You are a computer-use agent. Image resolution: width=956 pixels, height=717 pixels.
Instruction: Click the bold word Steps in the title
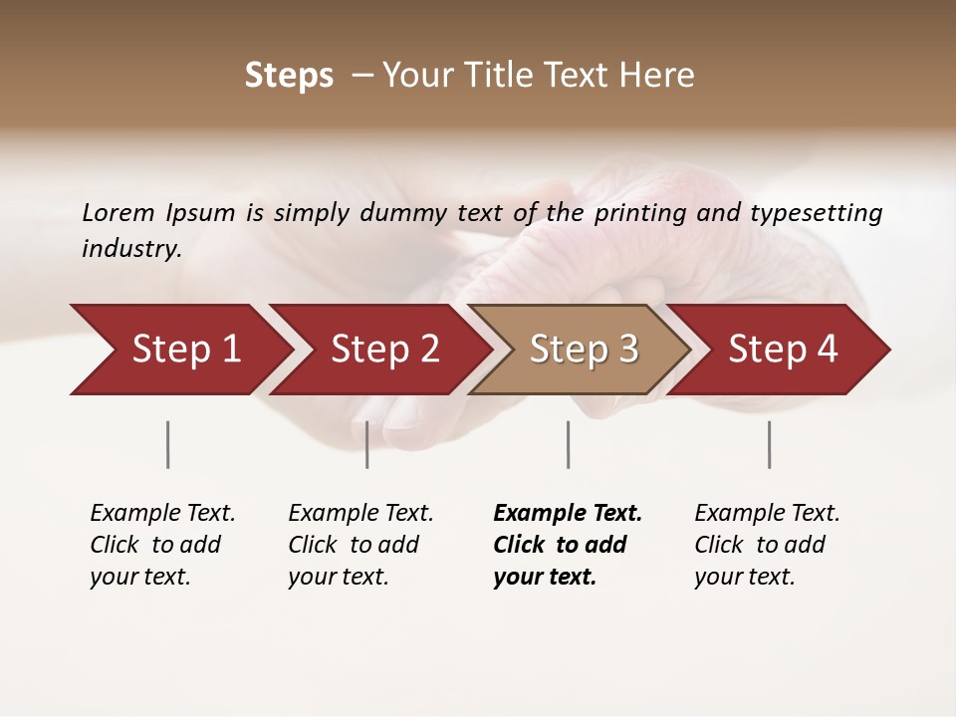[289, 76]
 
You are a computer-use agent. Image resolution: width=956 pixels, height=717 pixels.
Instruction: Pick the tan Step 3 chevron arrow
[584, 350]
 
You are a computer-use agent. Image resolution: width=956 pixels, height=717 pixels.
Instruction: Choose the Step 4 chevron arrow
[783, 350]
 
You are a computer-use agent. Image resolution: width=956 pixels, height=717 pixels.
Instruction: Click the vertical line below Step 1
[168, 444]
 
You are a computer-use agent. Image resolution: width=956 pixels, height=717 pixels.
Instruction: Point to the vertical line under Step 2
[367, 444]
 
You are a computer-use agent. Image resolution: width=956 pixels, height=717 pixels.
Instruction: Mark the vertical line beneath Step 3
[568, 444]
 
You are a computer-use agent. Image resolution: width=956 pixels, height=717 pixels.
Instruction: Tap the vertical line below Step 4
[769, 444]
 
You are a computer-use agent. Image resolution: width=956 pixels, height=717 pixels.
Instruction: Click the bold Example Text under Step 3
[568, 513]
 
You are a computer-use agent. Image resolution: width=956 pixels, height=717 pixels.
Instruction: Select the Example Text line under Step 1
[162, 513]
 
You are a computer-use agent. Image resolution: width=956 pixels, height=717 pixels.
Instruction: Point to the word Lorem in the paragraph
[119, 212]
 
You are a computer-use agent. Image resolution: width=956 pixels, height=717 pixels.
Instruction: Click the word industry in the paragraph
[131, 249]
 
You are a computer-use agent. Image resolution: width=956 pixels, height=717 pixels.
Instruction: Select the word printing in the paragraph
[644, 212]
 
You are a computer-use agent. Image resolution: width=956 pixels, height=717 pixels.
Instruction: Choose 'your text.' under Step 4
[745, 577]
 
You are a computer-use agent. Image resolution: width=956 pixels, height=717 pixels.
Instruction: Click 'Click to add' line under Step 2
[354, 545]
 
